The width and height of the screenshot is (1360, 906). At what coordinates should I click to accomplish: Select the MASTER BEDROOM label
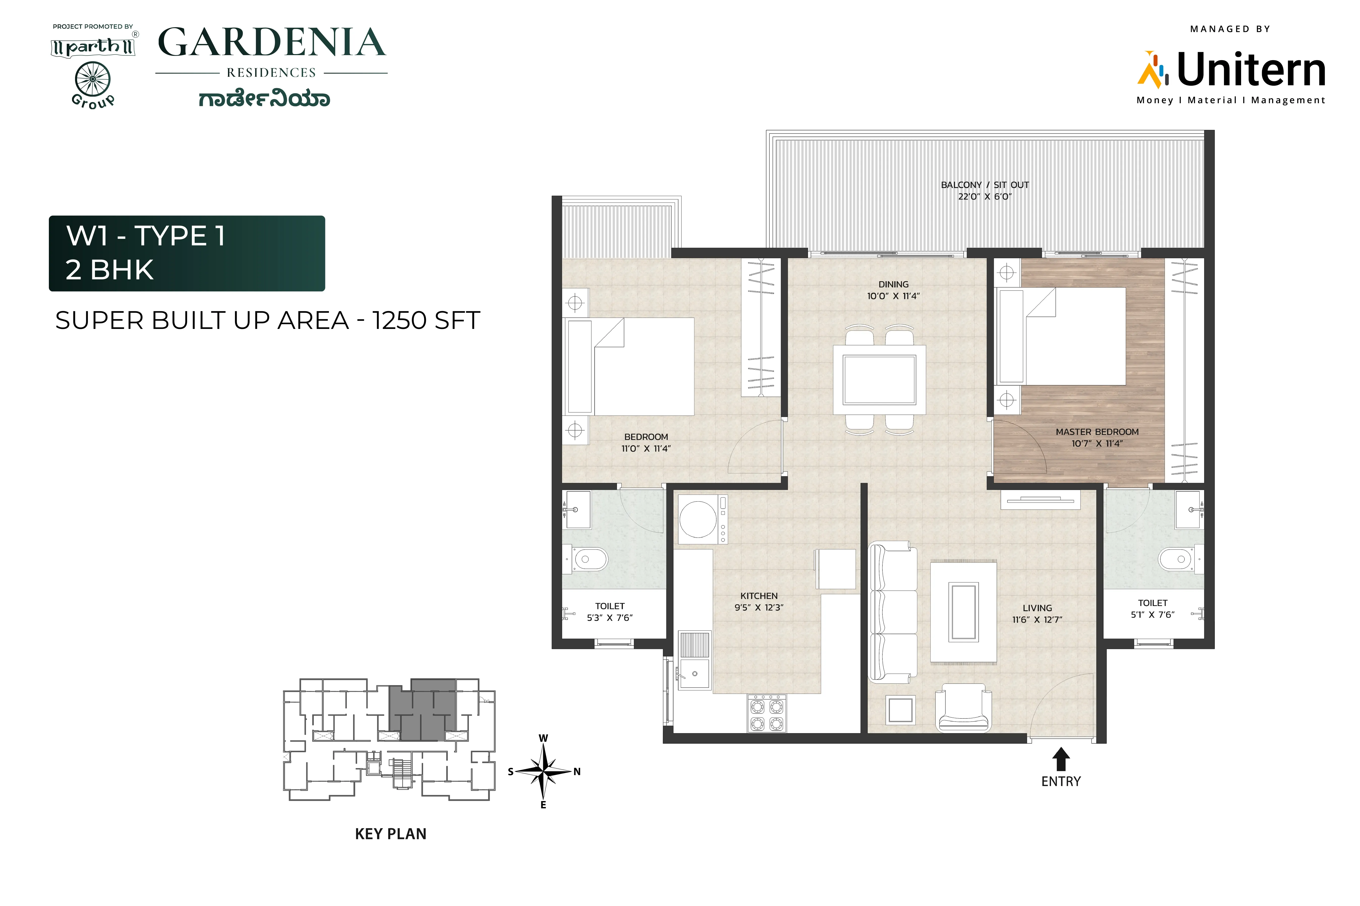1097,432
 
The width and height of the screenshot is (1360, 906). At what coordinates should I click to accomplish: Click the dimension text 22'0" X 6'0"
985,197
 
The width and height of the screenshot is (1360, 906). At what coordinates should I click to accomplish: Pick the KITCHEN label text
759,596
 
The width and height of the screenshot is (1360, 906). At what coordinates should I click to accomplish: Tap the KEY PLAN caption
390,834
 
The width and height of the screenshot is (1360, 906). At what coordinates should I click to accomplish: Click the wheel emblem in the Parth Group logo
92,79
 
